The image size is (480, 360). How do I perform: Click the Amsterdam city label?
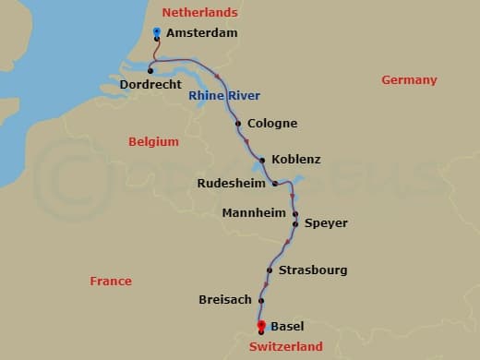click(201, 33)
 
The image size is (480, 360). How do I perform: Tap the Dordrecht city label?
click(151, 86)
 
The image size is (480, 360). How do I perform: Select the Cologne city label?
click(272, 123)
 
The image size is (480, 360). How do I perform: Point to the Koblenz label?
click(296, 159)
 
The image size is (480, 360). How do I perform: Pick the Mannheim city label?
click(255, 213)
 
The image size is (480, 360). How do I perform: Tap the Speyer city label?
click(326, 222)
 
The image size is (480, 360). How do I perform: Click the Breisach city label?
click(226, 300)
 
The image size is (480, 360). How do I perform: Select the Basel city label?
click(287, 326)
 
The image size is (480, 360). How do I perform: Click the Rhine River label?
click(224, 95)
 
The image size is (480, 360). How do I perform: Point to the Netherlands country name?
click(199, 12)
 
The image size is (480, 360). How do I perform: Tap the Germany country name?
click(409, 80)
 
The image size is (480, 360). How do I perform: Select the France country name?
click(111, 281)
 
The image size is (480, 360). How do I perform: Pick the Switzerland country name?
click(286, 347)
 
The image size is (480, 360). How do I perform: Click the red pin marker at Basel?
click(261, 324)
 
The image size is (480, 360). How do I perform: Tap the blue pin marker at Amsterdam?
click(157, 31)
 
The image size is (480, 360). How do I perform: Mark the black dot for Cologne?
click(238, 123)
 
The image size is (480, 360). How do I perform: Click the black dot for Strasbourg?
click(269, 270)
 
